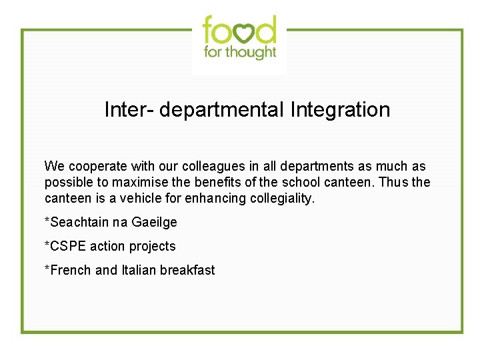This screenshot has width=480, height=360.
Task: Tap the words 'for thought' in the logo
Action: tap(240, 52)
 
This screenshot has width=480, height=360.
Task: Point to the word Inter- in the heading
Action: tap(127, 109)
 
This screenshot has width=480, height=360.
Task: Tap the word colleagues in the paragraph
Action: tap(213, 167)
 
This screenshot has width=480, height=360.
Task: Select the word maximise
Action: tap(139, 183)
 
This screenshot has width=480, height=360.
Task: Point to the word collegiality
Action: tap(281, 199)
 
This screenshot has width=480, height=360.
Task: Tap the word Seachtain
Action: tap(78, 222)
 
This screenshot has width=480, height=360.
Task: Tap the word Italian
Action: tap(138, 270)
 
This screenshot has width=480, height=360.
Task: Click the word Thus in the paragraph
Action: tap(393, 183)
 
